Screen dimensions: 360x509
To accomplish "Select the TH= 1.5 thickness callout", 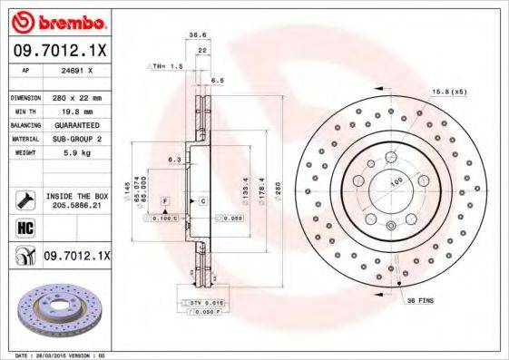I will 165,67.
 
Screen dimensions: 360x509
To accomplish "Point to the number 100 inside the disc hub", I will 396,182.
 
